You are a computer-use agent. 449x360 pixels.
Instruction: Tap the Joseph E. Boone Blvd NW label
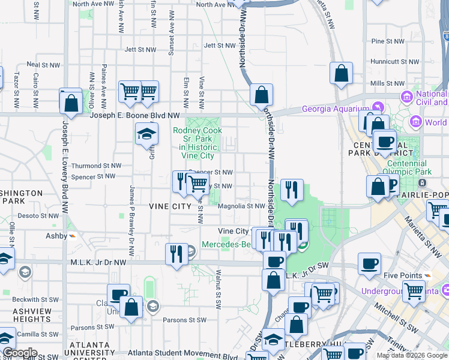click(135, 115)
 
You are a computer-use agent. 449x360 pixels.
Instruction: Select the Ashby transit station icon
click(71, 236)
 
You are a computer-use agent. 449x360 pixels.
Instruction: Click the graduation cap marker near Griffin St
click(146, 135)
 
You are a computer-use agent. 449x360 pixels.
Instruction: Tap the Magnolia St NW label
click(241, 206)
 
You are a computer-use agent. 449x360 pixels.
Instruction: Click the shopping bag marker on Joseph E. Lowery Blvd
click(71, 101)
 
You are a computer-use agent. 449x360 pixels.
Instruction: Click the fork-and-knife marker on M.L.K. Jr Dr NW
click(175, 253)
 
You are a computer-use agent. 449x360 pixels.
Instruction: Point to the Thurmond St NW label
click(96, 166)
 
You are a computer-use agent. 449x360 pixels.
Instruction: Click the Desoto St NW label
click(39, 215)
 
